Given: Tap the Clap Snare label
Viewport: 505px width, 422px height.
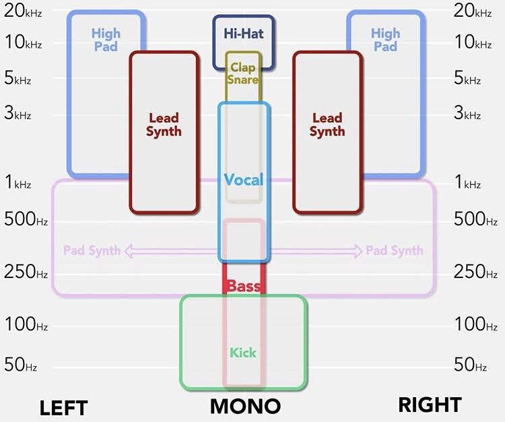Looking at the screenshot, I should coord(243,73).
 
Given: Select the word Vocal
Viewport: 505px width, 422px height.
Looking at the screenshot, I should coord(243,180).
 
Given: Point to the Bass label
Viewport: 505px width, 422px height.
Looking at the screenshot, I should coord(243,287).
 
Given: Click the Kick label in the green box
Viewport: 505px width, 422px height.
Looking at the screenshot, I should coord(243,352).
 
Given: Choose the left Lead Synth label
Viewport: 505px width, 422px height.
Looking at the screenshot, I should coord(164,125).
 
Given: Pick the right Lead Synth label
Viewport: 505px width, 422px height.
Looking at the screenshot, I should coord(327,125).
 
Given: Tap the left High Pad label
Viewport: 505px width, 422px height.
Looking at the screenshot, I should coord(106,40).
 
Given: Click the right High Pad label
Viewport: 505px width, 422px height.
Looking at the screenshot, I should coord(385,40).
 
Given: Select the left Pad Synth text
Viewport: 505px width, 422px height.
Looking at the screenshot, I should coord(92,251).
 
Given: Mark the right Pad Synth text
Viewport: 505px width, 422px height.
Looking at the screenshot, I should coord(395,251).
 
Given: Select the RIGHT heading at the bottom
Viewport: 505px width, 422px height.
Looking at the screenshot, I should coord(430,405).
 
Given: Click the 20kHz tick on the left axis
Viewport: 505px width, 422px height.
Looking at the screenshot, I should coord(23,10).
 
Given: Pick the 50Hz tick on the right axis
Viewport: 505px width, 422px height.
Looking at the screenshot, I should coord(471,365).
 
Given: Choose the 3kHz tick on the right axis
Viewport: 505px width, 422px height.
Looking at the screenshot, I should coord(467,113).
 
